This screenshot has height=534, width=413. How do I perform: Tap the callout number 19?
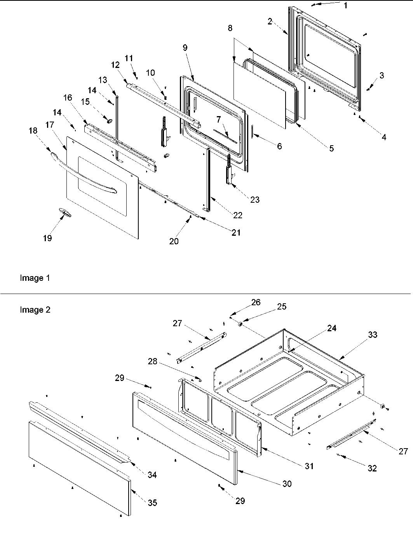(x=47, y=238)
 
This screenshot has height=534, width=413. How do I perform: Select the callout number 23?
(x=255, y=200)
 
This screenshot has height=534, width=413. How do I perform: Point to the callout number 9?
(x=185, y=47)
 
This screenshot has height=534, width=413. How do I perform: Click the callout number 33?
(x=372, y=334)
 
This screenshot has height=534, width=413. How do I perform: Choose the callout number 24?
(x=331, y=328)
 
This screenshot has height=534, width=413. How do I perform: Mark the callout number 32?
(x=372, y=468)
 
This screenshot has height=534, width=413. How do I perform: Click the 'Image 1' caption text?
(x=35, y=278)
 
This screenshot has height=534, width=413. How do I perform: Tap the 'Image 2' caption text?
(x=35, y=310)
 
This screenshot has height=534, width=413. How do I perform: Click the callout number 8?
(x=230, y=28)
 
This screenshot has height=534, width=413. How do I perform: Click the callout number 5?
(x=331, y=148)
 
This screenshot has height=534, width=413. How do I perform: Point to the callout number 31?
(x=308, y=466)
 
